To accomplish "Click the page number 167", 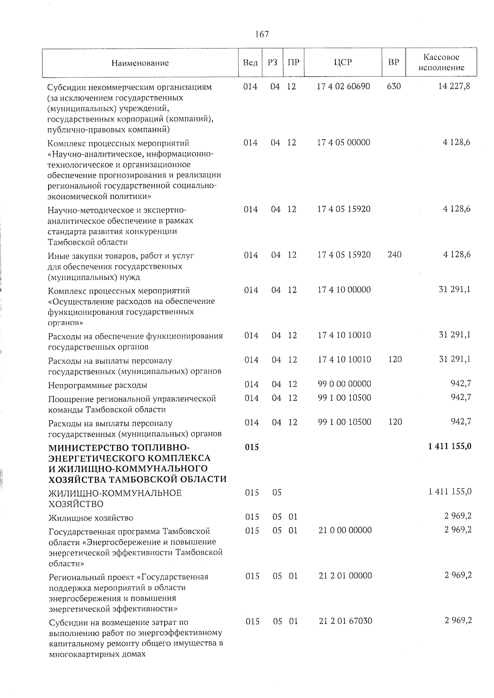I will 262,34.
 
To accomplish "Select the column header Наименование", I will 140,63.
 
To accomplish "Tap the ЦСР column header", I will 343,63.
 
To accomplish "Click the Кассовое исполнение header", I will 441,63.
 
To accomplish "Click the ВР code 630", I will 394,86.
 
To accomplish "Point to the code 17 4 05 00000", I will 344,142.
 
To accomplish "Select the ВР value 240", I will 394,255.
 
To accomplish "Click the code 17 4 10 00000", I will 344,290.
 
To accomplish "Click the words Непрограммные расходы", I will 98,385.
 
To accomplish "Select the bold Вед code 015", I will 252,447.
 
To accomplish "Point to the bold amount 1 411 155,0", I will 450,447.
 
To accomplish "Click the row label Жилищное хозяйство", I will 91,518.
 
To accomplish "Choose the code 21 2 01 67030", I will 345,621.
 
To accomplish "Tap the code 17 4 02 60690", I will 344,86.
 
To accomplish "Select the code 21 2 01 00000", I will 345,575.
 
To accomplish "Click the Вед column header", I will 250,63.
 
